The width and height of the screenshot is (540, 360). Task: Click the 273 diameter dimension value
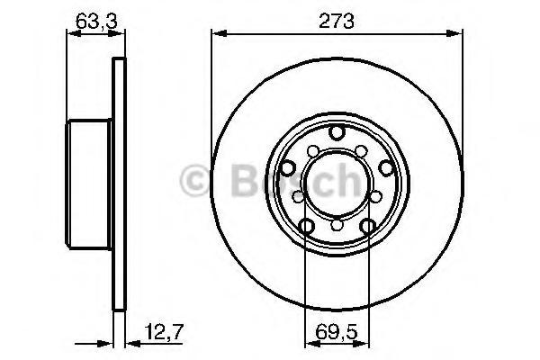point(336,21)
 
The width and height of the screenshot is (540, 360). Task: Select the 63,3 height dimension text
point(96,21)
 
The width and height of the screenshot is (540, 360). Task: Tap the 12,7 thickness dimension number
point(165,332)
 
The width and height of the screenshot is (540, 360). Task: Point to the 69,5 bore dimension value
point(337,332)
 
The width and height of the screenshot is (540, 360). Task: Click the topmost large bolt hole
point(337,132)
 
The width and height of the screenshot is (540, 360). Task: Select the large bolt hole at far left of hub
point(287,168)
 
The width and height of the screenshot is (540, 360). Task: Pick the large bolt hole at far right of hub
point(386,168)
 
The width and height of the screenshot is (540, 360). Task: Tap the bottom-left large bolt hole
point(307,226)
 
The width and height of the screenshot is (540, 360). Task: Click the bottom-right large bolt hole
point(367,226)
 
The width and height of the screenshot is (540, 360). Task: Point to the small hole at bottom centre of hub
point(337,225)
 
